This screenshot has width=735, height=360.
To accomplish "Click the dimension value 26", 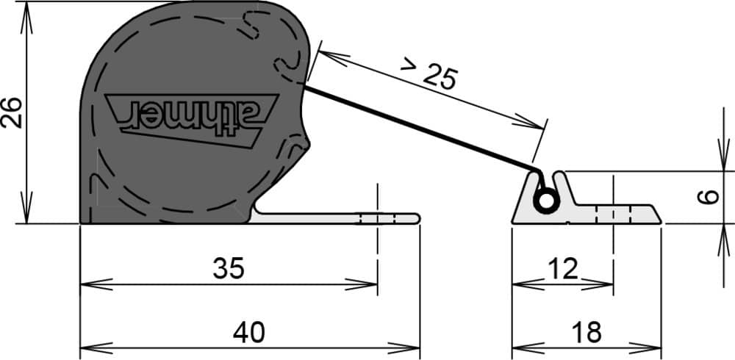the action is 12,112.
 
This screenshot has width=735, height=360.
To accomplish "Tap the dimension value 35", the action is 229,269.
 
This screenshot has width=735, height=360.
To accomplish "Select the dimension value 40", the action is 249,333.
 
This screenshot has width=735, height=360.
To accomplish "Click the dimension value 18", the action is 587,333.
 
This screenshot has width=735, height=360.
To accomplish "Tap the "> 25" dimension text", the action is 428,73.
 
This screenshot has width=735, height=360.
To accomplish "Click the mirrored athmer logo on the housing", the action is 192,120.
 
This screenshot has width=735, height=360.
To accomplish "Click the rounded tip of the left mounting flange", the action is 417,218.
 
